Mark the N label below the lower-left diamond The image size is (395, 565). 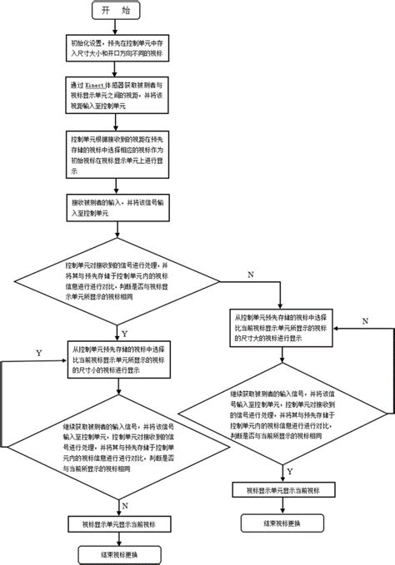123,505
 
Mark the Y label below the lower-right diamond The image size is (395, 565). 289,470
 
